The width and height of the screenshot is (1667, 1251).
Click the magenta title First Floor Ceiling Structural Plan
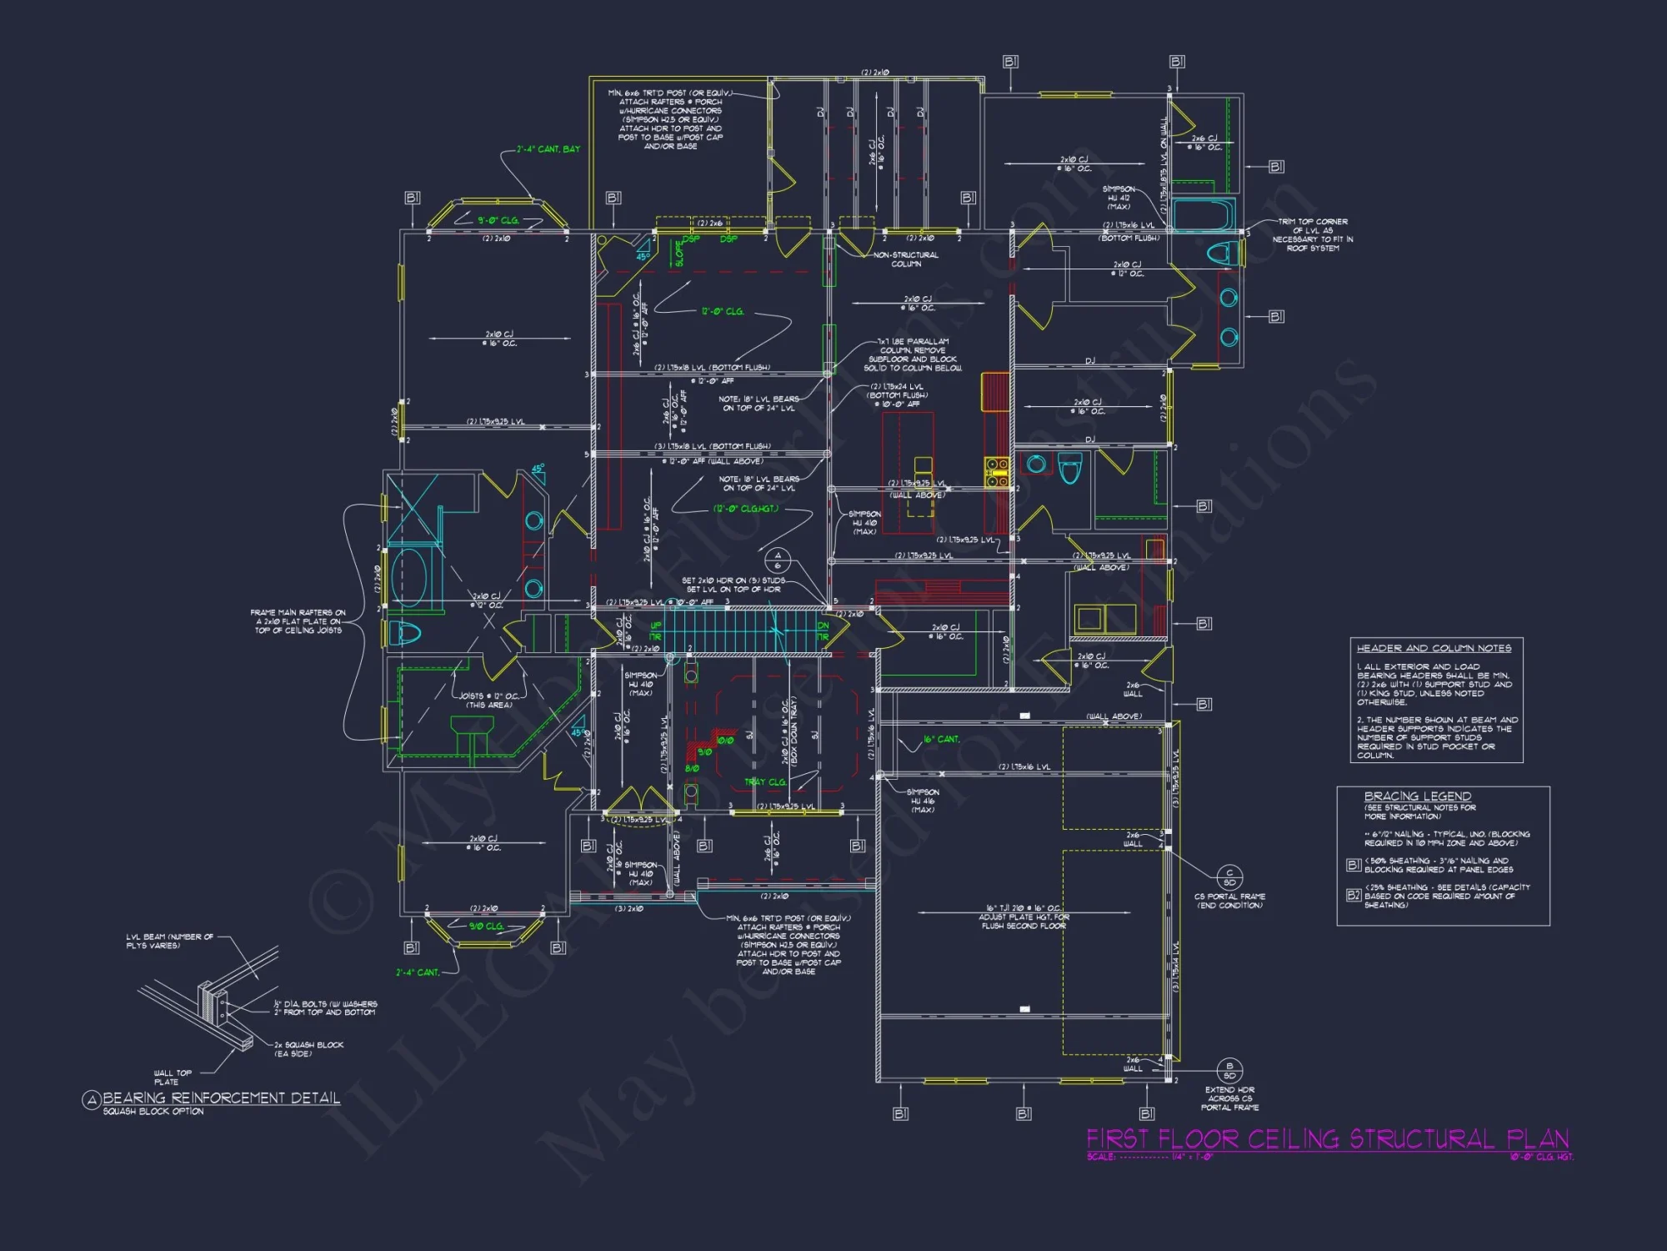[x=1327, y=1138]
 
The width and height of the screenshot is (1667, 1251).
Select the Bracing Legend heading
[x=1417, y=796]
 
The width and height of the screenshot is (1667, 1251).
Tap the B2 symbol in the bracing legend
[x=1354, y=895]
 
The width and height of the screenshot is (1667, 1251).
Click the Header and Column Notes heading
[x=1434, y=648]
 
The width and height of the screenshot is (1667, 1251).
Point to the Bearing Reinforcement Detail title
[x=221, y=1098]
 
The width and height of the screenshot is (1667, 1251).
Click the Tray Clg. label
[x=764, y=782]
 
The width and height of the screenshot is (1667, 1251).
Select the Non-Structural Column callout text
[x=906, y=259]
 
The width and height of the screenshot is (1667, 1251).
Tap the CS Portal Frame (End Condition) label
[x=1229, y=901]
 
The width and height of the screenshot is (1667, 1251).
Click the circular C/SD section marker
[x=1229, y=877]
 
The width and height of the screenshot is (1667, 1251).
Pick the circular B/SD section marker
[x=1229, y=1070]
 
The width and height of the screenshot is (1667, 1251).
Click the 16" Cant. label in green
[x=941, y=739]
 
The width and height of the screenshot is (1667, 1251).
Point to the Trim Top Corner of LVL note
[x=1313, y=234]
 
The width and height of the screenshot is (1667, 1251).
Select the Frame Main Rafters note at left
[x=298, y=621]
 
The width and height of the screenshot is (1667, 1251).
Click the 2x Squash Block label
[x=308, y=1048]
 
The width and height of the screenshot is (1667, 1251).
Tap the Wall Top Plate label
[x=172, y=1077]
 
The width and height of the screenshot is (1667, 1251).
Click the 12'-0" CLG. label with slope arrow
[x=722, y=311]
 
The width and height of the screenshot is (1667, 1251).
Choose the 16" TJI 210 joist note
[x=1024, y=917]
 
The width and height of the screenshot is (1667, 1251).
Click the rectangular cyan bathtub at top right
[x=1203, y=214]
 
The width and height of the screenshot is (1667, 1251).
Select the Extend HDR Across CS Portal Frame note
[x=1229, y=1098]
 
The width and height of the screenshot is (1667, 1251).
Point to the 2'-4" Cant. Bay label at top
[x=548, y=149]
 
